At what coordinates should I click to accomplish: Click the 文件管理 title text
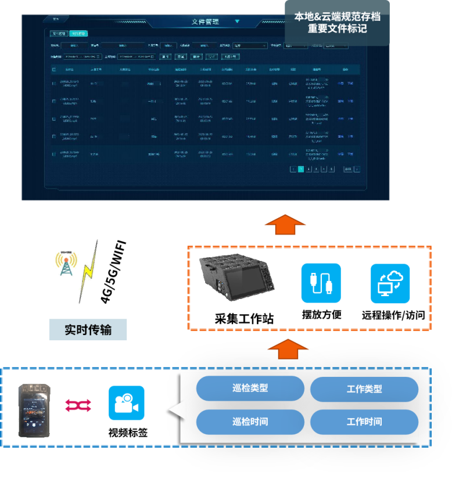click(x=205, y=21)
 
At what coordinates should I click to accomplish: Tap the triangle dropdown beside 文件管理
click(x=237, y=21)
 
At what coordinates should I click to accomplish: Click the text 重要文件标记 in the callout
click(x=337, y=28)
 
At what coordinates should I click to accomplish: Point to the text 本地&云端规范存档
click(x=337, y=16)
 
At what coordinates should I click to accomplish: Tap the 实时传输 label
click(x=88, y=330)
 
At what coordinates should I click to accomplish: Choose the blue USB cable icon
click(x=321, y=283)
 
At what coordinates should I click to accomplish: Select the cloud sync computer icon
click(x=390, y=283)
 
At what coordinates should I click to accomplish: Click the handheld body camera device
click(x=34, y=411)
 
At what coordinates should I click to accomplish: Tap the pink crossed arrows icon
click(x=78, y=405)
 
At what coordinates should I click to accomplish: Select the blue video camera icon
click(x=127, y=403)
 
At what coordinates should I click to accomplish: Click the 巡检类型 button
click(x=250, y=388)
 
